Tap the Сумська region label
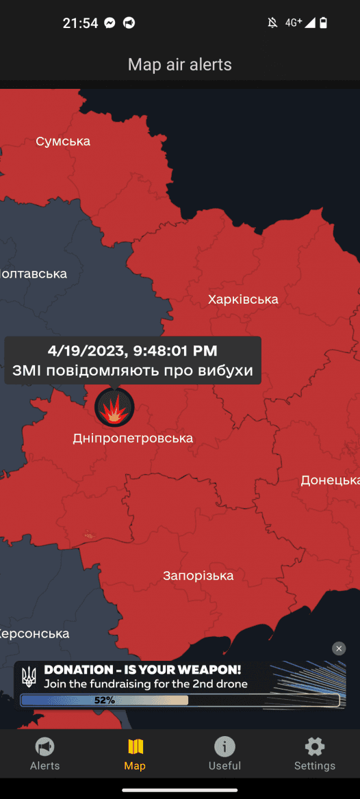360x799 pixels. point(63,142)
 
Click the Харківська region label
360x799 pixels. point(243,299)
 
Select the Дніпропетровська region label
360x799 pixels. point(133,438)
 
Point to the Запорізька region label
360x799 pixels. point(198,575)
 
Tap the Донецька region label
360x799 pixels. point(330,480)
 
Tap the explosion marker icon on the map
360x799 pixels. point(114,408)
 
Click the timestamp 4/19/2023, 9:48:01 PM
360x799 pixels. point(133,351)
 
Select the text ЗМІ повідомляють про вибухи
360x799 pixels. point(133,371)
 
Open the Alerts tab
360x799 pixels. point(45,754)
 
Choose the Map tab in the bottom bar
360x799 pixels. point(135,754)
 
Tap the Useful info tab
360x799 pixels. point(224,754)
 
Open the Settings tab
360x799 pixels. point(315,754)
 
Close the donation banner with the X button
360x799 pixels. point(339,649)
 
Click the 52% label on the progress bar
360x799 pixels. point(105,700)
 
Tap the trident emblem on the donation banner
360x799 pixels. point(29,677)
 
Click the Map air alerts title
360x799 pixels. point(180,65)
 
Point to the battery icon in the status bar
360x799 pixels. point(324,23)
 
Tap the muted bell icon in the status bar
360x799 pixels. point(272,23)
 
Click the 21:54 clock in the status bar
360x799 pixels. point(80,23)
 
